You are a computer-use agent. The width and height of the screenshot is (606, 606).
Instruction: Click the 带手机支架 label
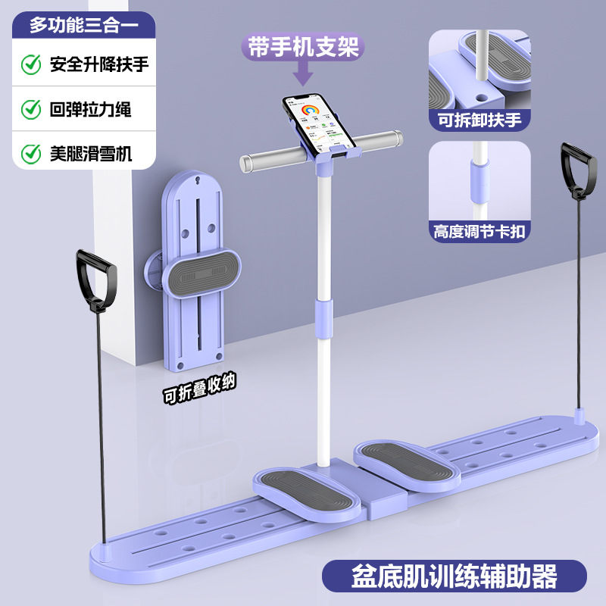303,47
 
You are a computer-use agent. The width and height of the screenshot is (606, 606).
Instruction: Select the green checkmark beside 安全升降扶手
31,64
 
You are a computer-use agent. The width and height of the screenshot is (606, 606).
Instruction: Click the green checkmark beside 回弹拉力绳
31,109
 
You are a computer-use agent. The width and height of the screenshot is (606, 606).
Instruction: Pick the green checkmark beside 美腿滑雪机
31,154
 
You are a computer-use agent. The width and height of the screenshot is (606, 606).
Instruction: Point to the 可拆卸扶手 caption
478,118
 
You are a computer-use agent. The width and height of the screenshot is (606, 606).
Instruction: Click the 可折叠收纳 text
199,389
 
